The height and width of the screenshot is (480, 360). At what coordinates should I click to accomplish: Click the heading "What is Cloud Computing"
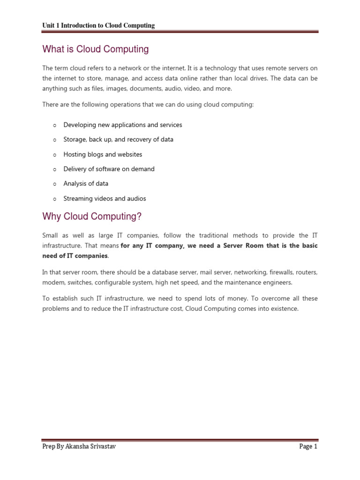96,49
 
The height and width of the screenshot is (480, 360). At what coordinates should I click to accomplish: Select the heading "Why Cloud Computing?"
92,217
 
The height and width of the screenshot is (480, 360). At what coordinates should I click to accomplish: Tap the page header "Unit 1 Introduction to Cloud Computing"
98,25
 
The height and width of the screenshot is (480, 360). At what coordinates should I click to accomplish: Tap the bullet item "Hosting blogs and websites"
103,154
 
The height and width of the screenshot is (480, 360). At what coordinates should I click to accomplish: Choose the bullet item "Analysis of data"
86,184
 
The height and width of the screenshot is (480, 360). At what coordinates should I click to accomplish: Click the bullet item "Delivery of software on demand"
109,169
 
